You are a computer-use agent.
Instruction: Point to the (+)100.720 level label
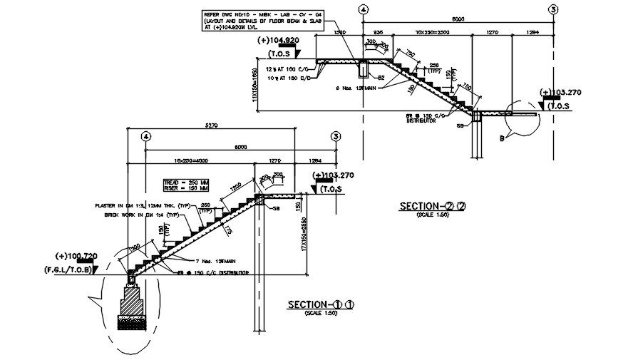[x=81, y=255]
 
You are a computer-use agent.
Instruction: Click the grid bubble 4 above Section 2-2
[x=364, y=9]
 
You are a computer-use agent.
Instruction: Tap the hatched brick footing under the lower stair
[x=133, y=307]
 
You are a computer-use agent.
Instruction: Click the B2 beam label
[x=381, y=77]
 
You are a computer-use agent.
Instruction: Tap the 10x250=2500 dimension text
[x=432, y=34]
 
